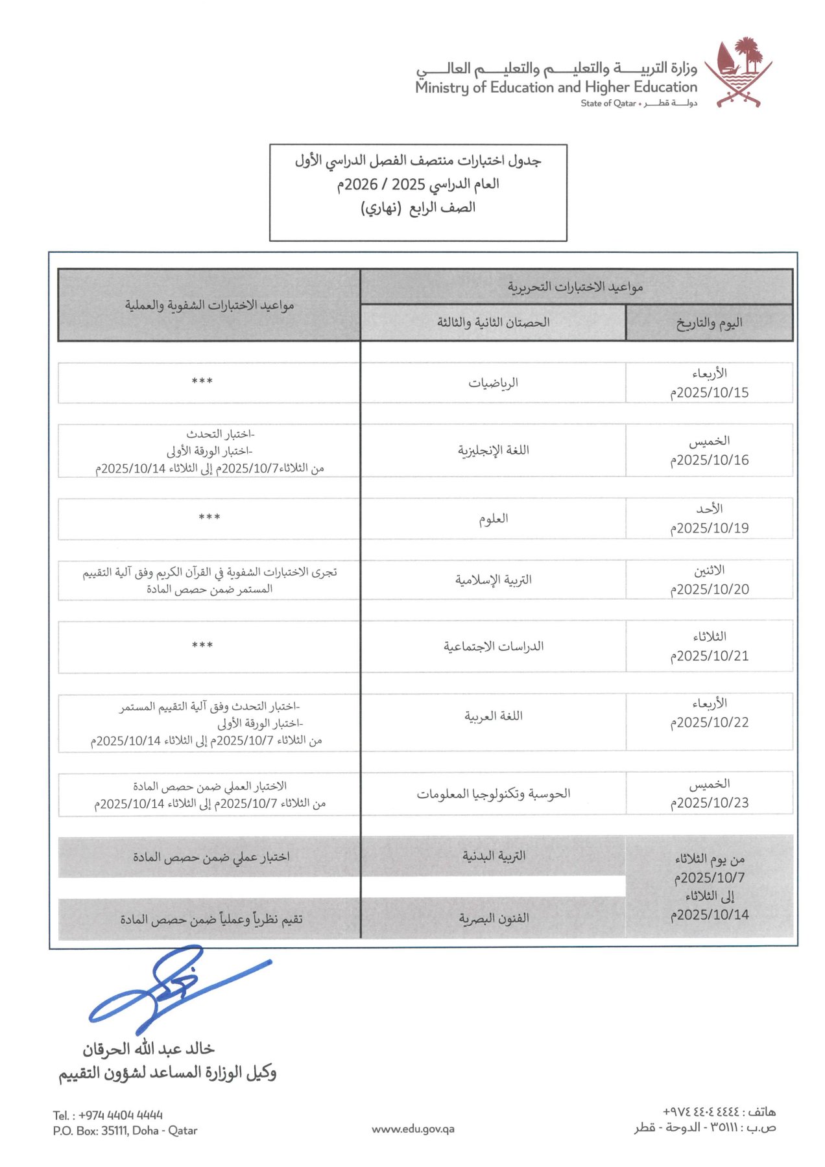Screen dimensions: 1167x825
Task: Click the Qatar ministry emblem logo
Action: click(738, 73)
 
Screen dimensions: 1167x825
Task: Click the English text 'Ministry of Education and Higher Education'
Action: click(556, 87)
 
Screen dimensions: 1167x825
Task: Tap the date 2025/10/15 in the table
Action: click(710, 392)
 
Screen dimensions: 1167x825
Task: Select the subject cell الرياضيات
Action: click(493, 383)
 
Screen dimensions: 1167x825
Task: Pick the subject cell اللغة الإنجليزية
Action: click(493, 450)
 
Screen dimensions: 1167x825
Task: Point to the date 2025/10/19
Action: click(710, 528)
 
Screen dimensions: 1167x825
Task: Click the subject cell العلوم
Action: click(493, 519)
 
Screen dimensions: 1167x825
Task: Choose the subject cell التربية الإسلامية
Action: click(493, 580)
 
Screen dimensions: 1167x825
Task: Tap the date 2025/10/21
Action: click(710, 655)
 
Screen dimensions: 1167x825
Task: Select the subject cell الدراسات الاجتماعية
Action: click(493, 646)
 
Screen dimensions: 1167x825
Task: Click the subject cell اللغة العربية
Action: click(493, 716)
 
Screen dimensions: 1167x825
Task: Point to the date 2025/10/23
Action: click(710, 803)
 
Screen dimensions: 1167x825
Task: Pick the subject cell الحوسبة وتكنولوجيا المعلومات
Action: click(493, 794)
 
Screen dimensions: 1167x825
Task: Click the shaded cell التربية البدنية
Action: click(493, 856)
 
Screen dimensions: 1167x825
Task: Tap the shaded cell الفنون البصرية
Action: click(493, 918)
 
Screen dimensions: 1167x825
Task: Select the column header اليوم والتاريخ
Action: click(709, 323)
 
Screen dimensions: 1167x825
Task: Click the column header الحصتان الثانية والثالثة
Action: click(493, 322)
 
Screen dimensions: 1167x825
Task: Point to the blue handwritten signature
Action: click(175, 989)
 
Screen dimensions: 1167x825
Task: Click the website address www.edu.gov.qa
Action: click(413, 1129)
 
